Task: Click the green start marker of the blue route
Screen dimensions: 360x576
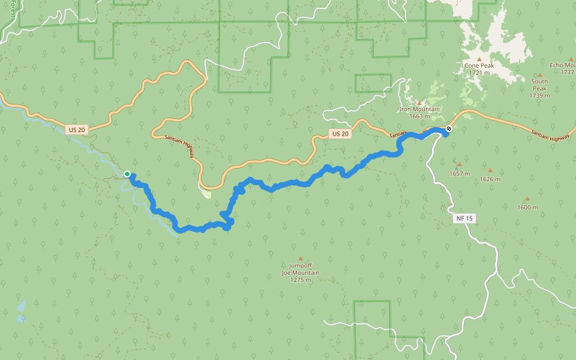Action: (x=127, y=174)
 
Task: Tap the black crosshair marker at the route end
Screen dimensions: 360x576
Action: (x=449, y=128)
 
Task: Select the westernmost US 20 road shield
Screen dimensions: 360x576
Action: (x=76, y=130)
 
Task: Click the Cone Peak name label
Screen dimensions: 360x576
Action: (x=478, y=65)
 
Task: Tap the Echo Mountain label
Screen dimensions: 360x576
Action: (x=562, y=65)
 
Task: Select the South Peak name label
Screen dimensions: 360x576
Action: (x=539, y=85)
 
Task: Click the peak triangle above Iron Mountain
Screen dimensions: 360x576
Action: (x=419, y=103)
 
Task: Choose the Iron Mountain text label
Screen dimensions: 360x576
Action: (x=419, y=109)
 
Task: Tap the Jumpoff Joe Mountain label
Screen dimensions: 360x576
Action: (x=301, y=269)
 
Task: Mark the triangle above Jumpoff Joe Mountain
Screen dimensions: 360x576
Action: (x=301, y=259)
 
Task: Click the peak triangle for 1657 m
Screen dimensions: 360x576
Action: (x=460, y=164)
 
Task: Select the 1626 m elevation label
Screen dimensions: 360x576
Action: (x=490, y=179)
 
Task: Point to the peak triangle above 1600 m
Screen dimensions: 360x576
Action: (x=527, y=199)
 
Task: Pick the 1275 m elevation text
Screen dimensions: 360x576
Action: (x=301, y=280)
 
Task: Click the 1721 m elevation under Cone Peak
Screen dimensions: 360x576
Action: (x=479, y=73)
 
